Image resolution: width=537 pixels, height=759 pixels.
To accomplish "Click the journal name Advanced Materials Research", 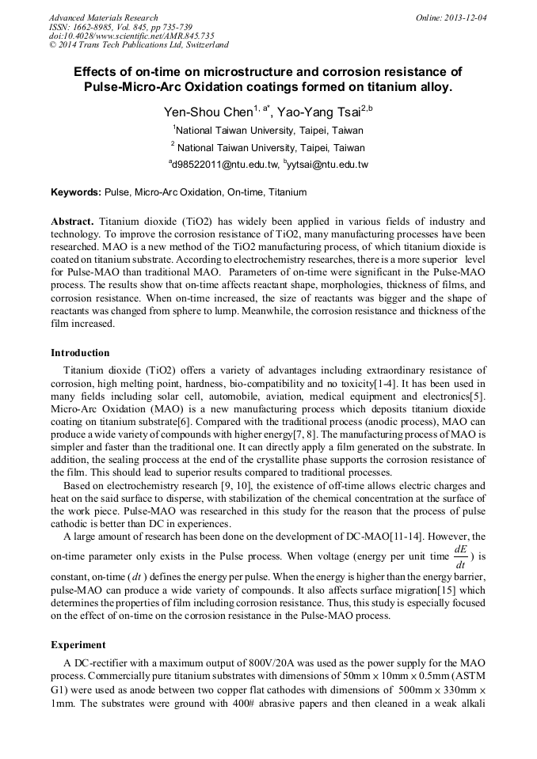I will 104,17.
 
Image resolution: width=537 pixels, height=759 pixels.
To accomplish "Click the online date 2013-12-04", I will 466,17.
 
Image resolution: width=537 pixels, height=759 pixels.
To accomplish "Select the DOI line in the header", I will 131,36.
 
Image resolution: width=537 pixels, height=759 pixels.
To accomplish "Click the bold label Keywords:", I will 76,192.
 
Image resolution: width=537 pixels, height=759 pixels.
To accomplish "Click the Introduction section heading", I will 80,352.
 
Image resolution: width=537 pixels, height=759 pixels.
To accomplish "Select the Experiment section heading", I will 77,644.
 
